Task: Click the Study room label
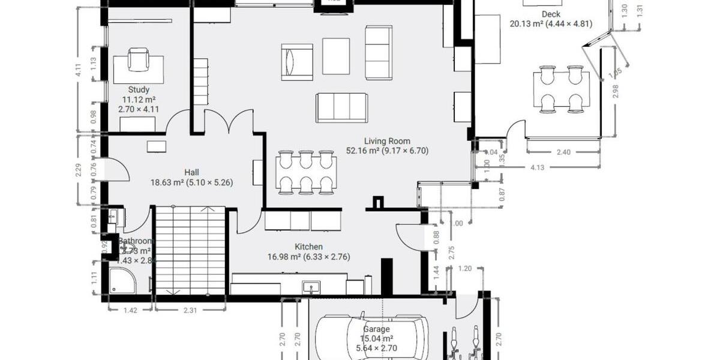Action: click(x=139, y=90)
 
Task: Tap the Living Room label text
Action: click(x=387, y=142)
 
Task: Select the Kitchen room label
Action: click(x=308, y=247)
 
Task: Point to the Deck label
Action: click(x=550, y=14)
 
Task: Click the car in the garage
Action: click(x=372, y=338)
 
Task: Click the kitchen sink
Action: click(x=311, y=287)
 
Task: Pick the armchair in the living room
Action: click(x=296, y=62)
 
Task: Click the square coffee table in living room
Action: click(x=336, y=56)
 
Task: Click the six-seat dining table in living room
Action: click(x=306, y=172)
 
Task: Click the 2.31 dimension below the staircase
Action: click(x=190, y=310)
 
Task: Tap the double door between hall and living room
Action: click(x=227, y=122)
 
